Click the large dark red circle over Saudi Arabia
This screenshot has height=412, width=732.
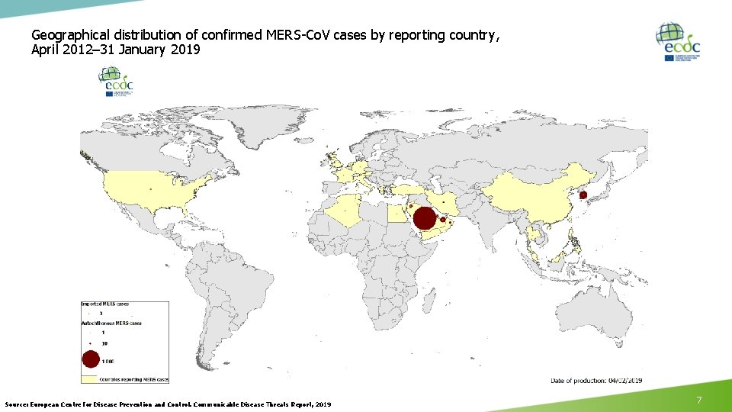tap(425, 218)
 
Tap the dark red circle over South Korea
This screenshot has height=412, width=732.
tap(583, 195)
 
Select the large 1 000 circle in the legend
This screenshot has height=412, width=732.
tap(91, 359)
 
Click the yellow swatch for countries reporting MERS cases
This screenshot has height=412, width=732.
tap(91, 378)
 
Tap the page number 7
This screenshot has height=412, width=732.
tap(698, 400)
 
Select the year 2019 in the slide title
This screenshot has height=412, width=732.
tap(186, 50)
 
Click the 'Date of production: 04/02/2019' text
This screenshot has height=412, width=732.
tap(597, 379)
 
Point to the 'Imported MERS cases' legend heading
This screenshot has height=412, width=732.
tap(106, 304)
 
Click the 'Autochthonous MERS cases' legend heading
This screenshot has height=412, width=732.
tap(111, 323)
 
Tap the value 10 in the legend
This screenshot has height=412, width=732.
tap(104, 343)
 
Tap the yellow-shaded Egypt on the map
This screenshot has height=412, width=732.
tap(397, 213)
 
